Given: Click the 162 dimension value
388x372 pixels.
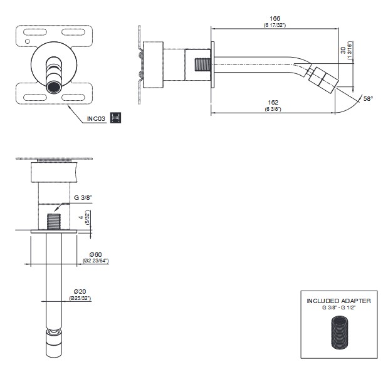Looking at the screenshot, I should click(x=272, y=101).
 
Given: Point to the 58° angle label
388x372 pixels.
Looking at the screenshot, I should click(x=367, y=99).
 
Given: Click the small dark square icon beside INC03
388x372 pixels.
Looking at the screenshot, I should click(x=115, y=118).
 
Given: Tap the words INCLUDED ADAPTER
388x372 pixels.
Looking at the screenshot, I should click(x=338, y=301).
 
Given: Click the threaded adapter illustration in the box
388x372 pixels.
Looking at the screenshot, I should click(x=338, y=332).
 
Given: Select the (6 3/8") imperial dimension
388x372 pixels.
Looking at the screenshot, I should click(x=272, y=108).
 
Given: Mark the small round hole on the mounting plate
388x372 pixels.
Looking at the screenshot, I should click(x=26, y=42).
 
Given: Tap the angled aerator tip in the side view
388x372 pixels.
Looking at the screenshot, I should click(x=323, y=78).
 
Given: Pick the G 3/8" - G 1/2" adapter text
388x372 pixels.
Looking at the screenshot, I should click(x=338, y=309).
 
